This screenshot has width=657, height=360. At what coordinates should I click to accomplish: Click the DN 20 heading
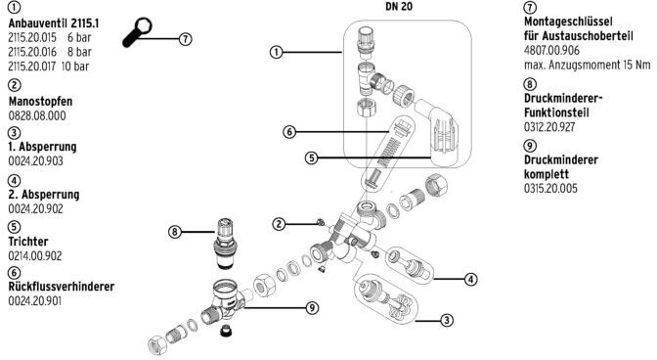point(399,7)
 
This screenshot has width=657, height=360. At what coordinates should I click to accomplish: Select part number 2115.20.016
point(32,52)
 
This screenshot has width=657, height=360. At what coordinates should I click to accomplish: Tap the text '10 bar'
point(75,67)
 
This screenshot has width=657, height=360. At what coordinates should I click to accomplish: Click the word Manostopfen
point(41,102)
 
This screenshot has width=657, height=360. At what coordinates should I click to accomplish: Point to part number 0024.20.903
point(35,161)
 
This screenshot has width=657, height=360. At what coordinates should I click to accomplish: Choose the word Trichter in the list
point(28,242)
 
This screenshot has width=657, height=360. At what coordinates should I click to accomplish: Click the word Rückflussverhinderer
point(62,287)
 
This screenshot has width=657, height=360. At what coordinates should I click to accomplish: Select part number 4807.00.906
point(551,50)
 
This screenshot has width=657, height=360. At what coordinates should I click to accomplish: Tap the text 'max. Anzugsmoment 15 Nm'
point(587,65)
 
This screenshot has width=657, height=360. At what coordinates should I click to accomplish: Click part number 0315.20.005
point(550,188)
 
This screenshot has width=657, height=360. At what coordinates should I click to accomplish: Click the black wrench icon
point(137,32)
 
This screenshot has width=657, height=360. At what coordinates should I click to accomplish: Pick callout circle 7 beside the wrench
point(186,39)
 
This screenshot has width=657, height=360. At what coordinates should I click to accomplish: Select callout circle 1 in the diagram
point(276,53)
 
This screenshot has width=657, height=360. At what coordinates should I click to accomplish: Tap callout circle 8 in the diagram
point(175,231)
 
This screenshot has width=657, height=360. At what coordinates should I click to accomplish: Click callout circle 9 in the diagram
point(312,308)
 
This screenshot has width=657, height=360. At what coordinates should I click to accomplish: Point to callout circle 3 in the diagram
point(447,321)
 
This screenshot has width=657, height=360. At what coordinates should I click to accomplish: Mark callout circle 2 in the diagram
point(279,224)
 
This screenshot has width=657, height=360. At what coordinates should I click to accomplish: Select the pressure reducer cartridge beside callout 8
point(226,244)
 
